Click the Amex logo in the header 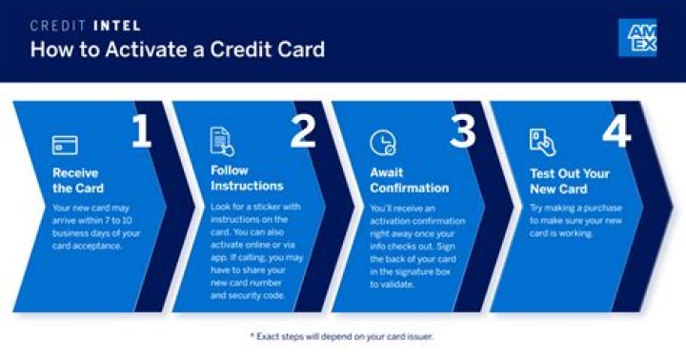pyautogui.click(x=636, y=37)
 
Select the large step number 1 pyautogui.click(x=140, y=134)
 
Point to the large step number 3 pyautogui.click(x=462, y=134)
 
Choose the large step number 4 pyautogui.click(x=615, y=134)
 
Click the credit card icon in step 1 pyautogui.click(x=65, y=145)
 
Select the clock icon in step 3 pyautogui.click(x=382, y=143)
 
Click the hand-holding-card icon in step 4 pyautogui.click(x=541, y=142)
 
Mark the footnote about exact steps pyautogui.click(x=342, y=337)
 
